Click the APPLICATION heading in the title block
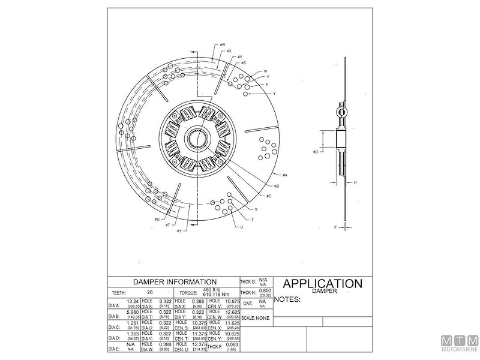click(322, 283)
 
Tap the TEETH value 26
click(158, 292)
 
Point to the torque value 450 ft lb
click(212, 290)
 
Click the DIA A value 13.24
click(133, 301)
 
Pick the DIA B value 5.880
click(133, 312)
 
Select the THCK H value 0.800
click(265, 290)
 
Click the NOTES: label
click(287, 298)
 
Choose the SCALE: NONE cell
click(256, 317)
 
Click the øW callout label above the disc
click(221, 44)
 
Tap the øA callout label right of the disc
click(284, 175)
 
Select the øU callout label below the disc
click(157, 220)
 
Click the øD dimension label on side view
click(315, 152)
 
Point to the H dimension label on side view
click(355, 182)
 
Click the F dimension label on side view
click(336, 227)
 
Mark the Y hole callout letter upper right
click(274, 94)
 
